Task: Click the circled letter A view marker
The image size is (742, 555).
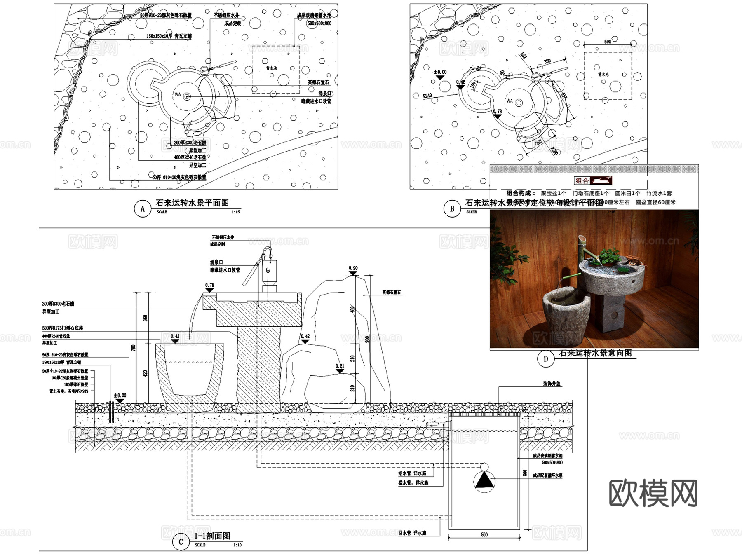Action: pyautogui.click(x=143, y=208)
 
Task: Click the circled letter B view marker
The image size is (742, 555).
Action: pyautogui.click(x=452, y=208)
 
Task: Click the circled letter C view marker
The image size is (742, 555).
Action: pyautogui.click(x=181, y=542)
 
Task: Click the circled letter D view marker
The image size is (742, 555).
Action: pyautogui.click(x=546, y=359)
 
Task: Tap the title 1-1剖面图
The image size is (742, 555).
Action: pyautogui.click(x=212, y=536)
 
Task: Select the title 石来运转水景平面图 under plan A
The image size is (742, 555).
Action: pyautogui.click(x=192, y=203)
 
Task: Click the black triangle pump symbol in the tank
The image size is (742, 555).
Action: pyautogui.click(x=484, y=481)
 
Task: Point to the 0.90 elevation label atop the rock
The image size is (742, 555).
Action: pyautogui.click(x=353, y=268)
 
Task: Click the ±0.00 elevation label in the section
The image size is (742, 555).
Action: pyautogui.click(x=120, y=395)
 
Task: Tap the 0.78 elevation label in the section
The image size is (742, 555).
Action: pyautogui.click(x=209, y=285)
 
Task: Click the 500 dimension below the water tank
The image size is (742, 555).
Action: pyautogui.click(x=484, y=534)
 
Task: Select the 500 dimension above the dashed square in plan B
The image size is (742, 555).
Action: pyautogui.click(x=608, y=42)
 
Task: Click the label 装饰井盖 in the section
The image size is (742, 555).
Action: pyautogui.click(x=552, y=384)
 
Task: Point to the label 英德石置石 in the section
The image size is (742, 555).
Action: pyautogui.click(x=391, y=292)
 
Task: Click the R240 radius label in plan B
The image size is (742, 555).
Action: pyautogui.click(x=427, y=96)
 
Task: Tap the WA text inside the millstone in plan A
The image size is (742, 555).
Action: pyautogui.click(x=178, y=94)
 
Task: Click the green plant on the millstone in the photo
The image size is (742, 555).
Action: pyautogui.click(x=609, y=256)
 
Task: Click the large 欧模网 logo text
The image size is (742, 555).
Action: pyautogui.click(x=653, y=493)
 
